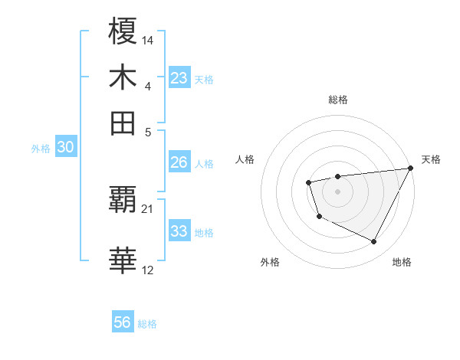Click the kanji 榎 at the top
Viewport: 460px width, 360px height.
123,32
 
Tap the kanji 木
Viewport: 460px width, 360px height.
123,77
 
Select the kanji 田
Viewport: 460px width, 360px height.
123,123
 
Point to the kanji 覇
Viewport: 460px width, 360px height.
123,200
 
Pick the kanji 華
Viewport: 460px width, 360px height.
123,260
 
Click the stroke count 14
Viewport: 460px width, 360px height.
148,39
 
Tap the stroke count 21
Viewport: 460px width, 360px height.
148,208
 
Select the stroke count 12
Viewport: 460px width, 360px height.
148,269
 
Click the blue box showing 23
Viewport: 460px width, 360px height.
179,78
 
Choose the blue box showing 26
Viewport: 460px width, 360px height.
179,162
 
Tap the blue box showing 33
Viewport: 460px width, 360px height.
179,231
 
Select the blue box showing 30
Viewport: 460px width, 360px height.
65,148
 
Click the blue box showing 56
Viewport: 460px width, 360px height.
123,322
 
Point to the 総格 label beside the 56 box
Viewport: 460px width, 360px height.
147,324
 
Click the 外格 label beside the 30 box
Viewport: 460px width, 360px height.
41,149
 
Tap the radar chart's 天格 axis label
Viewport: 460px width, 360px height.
431,159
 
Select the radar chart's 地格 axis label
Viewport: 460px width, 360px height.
402,262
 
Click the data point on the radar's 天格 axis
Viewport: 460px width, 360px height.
411,169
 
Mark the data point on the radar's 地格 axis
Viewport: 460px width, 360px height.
374,242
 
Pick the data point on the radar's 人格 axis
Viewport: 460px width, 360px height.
308,182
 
